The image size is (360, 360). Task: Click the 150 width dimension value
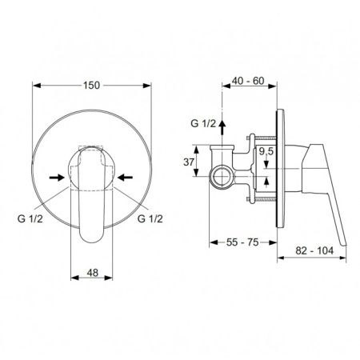pos(91,86)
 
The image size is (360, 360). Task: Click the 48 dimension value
pos(92,273)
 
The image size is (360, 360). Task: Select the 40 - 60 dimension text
pos(248,81)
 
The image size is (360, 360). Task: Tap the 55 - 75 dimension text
pos(242,242)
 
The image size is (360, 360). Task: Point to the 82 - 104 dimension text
pos(314,250)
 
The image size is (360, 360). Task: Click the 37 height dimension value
pos(189,162)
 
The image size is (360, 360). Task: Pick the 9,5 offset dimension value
pos(266,151)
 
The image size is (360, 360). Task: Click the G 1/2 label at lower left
pos(30,218)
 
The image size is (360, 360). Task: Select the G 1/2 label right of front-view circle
pos(150,218)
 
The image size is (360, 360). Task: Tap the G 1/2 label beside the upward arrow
pos(203,123)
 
